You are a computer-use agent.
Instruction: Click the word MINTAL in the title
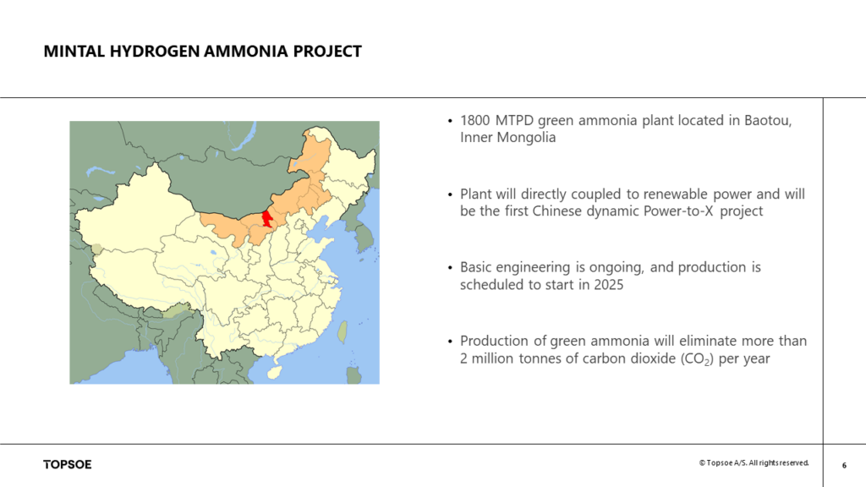[x=74, y=52]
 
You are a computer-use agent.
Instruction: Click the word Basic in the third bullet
[x=478, y=267]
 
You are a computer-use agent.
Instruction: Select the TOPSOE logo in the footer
[x=68, y=464]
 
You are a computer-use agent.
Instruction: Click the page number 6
[x=844, y=464]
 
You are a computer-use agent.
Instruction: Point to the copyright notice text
[x=754, y=463]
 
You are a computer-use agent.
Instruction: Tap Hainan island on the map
[x=272, y=371]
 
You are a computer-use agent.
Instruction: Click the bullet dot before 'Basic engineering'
[x=449, y=268]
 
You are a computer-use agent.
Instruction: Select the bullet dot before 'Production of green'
[x=449, y=342]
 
